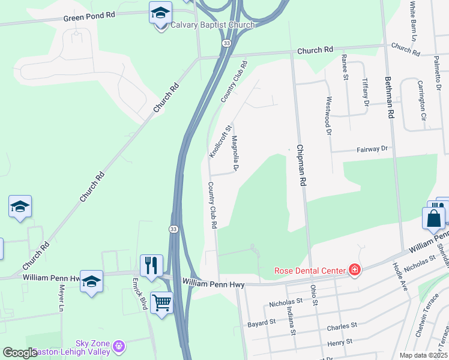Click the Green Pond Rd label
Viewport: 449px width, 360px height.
click(x=89, y=16)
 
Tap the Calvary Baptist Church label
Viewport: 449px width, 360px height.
click(x=212, y=25)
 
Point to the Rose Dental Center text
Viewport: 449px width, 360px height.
click(x=310, y=271)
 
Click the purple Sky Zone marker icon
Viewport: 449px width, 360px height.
click(x=119, y=346)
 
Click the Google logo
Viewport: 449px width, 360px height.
click(x=20, y=353)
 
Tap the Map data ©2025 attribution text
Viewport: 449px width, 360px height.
click(x=424, y=355)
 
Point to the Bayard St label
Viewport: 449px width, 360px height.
click(x=261, y=323)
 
